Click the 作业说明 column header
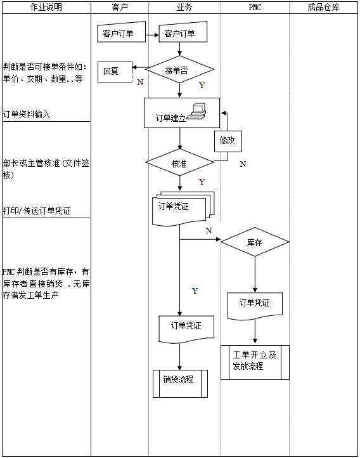[x=46, y=7]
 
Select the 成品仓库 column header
[x=323, y=7]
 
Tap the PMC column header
[x=255, y=7]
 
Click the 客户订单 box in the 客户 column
[x=119, y=34]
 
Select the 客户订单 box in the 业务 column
[x=180, y=34]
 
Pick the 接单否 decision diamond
[x=180, y=70]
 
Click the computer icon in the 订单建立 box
[x=200, y=111]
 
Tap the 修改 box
[x=227, y=141]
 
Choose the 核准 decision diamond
[x=180, y=163]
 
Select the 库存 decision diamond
[x=255, y=242]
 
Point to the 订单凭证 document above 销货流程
[x=186, y=327]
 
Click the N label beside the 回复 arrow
[x=140, y=82]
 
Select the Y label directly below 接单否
[x=202, y=85]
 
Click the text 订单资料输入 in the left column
[x=27, y=115]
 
